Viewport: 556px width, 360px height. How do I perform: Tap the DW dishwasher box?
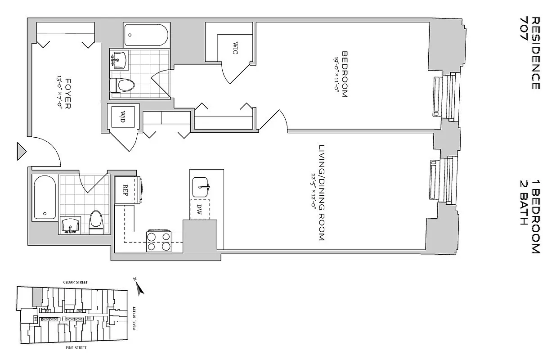tap(200, 209)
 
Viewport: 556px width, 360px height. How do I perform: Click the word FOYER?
tap(68, 94)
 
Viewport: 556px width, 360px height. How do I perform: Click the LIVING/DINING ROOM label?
tap(321, 193)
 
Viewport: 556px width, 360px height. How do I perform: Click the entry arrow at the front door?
tap(21, 151)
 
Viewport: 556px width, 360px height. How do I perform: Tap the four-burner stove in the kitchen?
tap(159, 241)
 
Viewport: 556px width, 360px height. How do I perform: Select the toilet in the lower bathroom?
tap(96, 220)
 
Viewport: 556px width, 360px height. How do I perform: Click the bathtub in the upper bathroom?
tap(146, 35)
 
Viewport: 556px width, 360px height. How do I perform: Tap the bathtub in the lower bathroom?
tap(45, 198)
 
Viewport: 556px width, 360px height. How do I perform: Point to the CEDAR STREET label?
tap(76, 282)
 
